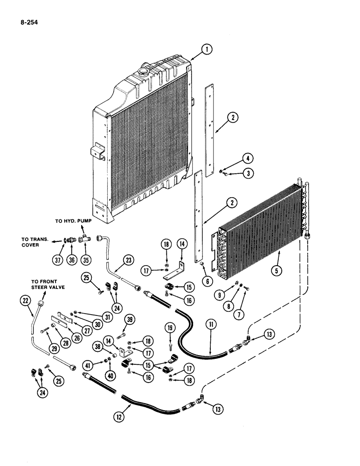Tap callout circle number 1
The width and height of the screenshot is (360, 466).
pyautogui.click(x=207, y=48)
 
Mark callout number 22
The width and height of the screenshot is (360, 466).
pyautogui.click(x=25, y=302)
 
